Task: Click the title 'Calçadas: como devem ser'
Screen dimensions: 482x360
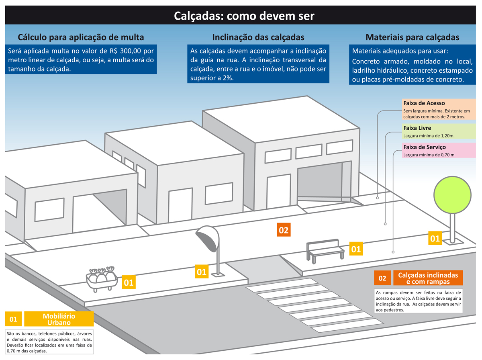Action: click(x=244, y=16)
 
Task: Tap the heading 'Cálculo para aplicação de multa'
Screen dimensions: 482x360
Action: click(x=81, y=37)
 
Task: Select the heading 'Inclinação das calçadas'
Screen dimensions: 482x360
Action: click(x=258, y=37)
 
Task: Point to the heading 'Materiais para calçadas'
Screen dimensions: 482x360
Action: click(x=413, y=37)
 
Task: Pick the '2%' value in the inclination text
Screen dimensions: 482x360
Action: click(x=228, y=78)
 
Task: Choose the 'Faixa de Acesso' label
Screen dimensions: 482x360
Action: click(x=424, y=103)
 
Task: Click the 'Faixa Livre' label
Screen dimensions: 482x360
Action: click(x=417, y=128)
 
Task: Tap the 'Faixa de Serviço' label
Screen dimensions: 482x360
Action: click(x=425, y=147)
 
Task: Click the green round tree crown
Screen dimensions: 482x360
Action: click(x=452, y=195)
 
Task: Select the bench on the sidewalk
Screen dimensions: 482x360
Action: click(x=325, y=251)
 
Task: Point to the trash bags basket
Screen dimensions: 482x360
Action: click(x=102, y=279)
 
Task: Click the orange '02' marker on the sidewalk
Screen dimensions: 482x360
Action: click(x=284, y=230)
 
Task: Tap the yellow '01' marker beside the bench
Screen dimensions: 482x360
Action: click(x=356, y=249)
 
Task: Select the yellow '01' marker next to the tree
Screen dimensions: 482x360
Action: click(x=435, y=238)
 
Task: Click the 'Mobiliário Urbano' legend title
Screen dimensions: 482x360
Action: click(x=59, y=319)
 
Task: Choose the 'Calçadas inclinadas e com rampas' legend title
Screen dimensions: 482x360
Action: click(x=428, y=278)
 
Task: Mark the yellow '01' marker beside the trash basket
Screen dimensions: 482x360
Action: click(x=129, y=282)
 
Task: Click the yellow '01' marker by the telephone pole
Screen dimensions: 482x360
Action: click(x=202, y=272)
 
